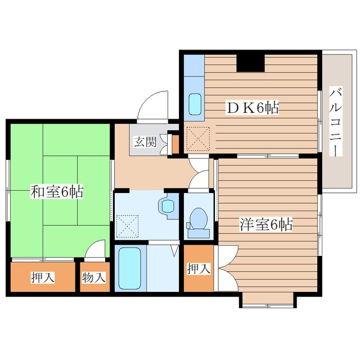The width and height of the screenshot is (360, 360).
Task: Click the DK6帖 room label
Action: [x=253, y=107]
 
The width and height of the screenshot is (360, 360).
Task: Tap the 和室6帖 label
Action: [x=57, y=191]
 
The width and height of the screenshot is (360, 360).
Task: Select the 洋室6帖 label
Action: [x=266, y=224]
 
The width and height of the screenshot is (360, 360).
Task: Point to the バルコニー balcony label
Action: [x=336, y=121]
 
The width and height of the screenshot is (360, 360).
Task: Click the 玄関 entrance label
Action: [x=146, y=142]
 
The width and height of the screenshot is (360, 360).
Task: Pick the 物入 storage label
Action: [x=94, y=277]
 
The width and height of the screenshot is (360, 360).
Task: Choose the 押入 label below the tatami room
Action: [x=43, y=277]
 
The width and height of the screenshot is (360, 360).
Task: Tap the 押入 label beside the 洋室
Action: [x=199, y=269]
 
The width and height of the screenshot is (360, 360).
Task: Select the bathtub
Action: [x=129, y=268]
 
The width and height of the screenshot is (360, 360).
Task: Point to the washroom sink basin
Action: [x=168, y=206]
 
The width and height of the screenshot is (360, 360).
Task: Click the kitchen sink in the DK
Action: [x=195, y=105]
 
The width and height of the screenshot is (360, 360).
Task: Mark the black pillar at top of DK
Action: [x=250, y=63]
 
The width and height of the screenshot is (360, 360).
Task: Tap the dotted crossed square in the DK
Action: [x=198, y=139]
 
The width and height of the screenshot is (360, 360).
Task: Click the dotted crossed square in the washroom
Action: [x=128, y=226]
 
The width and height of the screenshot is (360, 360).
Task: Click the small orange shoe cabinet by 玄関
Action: [x=175, y=145]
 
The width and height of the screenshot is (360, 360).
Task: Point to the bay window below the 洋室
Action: [x=268, y=300]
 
